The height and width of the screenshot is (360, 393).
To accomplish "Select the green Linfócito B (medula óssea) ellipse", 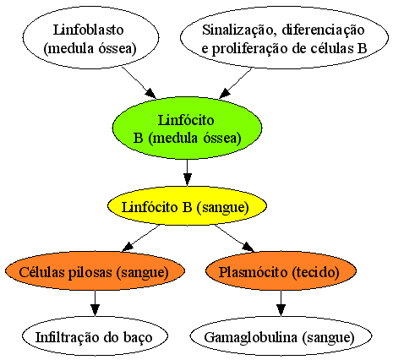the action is coord(187,128).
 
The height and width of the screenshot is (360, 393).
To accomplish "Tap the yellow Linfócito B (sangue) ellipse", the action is coord(187,207).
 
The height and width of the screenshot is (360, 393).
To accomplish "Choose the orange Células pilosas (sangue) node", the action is coord(95,271).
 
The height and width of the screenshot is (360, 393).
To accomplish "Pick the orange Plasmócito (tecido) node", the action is coord(281,271).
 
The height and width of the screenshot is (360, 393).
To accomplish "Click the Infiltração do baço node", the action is coord(95,336).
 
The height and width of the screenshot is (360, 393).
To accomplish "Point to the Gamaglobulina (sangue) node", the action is coord(281,336).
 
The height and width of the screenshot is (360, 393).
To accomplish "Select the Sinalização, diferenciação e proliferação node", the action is coord(284,38).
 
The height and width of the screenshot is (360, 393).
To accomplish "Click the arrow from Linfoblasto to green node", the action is coord(139,83).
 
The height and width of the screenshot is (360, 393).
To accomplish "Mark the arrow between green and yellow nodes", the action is coord(187,172).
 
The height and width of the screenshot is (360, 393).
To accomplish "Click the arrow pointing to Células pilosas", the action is coord(141,237).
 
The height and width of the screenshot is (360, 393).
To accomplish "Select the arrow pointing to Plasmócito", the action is coord(235,237).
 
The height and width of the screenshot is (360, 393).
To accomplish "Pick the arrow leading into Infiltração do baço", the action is coord(95,303).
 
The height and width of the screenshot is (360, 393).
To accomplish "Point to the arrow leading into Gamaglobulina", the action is coord(281,303).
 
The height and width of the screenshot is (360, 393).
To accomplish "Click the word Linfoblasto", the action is coord(88,30).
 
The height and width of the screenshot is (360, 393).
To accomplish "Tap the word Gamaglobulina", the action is coord(250,337).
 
